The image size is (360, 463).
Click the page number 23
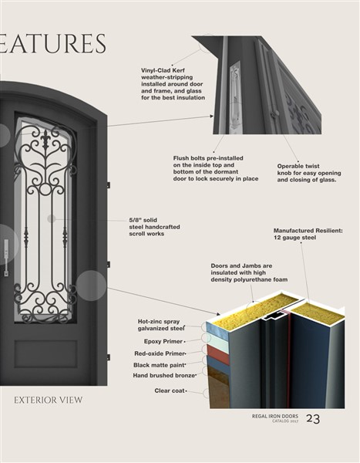(313, 418)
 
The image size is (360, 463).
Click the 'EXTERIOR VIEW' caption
(48, 400)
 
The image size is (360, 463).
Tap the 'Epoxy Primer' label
(163, 341)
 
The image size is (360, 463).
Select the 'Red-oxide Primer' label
(160, 353)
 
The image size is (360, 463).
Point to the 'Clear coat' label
(170, 390)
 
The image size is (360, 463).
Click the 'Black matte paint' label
(159, 365)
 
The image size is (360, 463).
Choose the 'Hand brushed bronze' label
(164, 376)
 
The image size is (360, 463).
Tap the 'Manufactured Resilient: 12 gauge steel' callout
(308, 234)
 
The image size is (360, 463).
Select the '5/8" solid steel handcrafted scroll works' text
(154, 227)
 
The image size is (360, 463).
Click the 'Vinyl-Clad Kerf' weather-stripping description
(173, 84)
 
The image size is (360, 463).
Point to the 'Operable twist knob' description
(309, 173)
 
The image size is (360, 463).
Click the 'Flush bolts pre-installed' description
(216, 168)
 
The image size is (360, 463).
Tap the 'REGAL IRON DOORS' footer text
(275, 417)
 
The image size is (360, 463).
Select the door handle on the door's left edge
(6, 258)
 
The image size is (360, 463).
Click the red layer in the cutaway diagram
(218, 354)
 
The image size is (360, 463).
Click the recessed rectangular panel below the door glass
(45, 353)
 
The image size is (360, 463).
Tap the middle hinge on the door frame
(108, 264)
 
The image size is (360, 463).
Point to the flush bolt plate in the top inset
(235, 97)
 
